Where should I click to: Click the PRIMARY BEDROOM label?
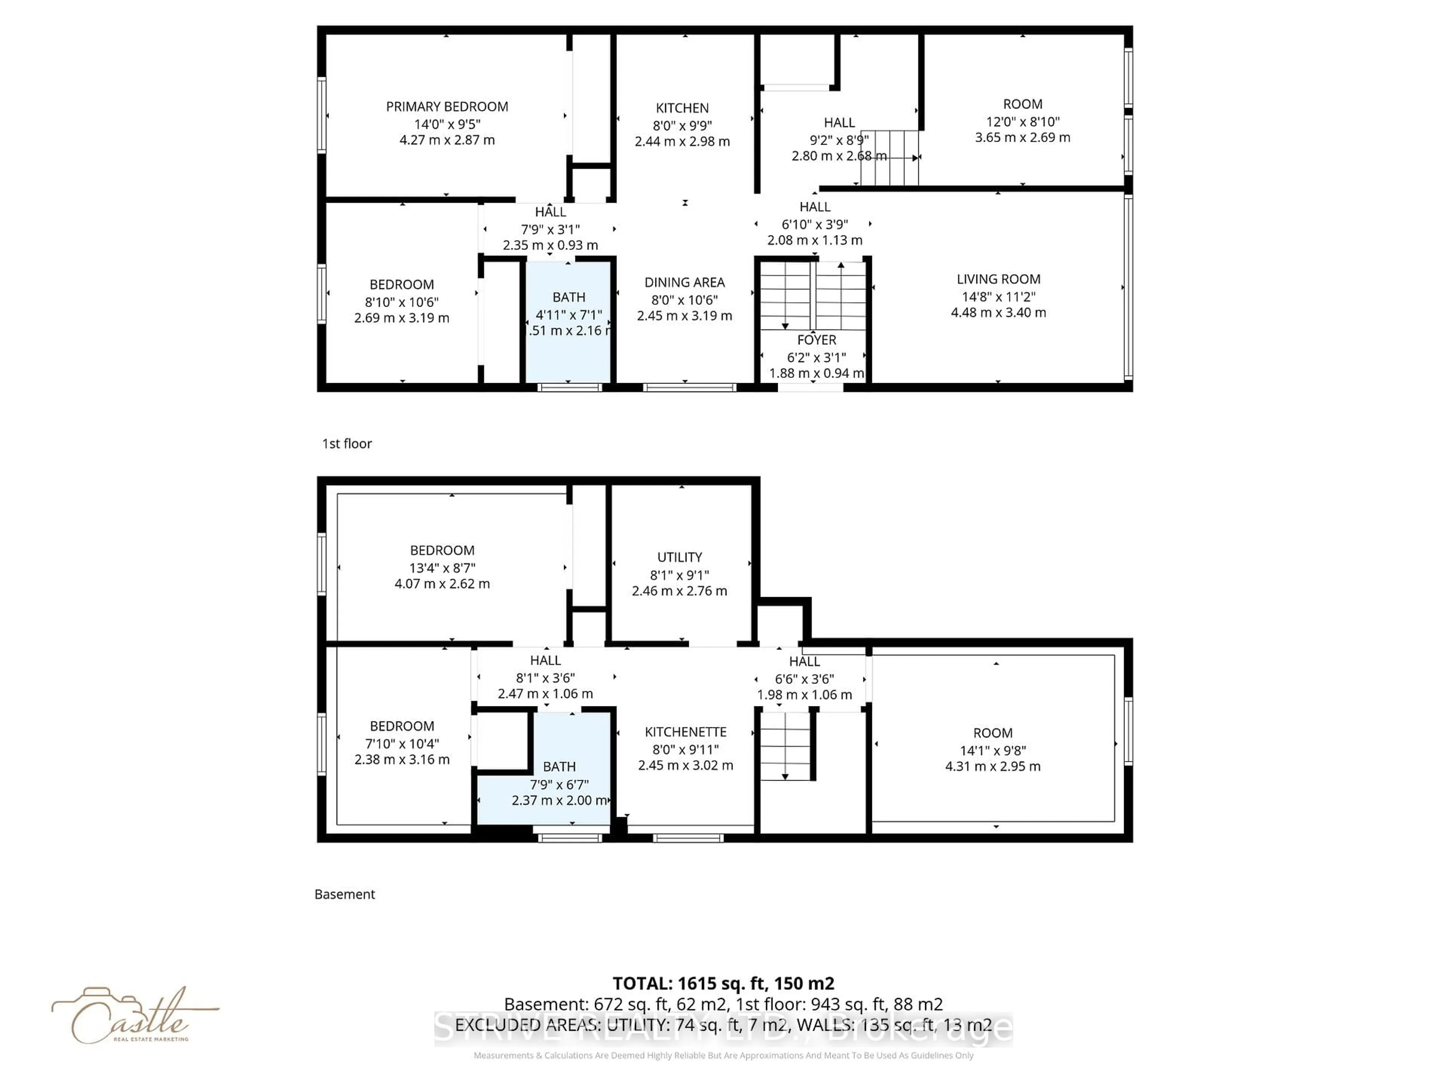(447, 107)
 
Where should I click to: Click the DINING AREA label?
(684, 283)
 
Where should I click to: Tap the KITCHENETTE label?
(685, 732)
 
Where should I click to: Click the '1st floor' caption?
(347, 443)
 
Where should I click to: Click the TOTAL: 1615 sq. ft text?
(723, 983)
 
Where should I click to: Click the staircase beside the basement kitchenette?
(784, 746)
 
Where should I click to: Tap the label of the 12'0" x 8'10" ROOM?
(1022, 104)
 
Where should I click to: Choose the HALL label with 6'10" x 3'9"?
(814, 207)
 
